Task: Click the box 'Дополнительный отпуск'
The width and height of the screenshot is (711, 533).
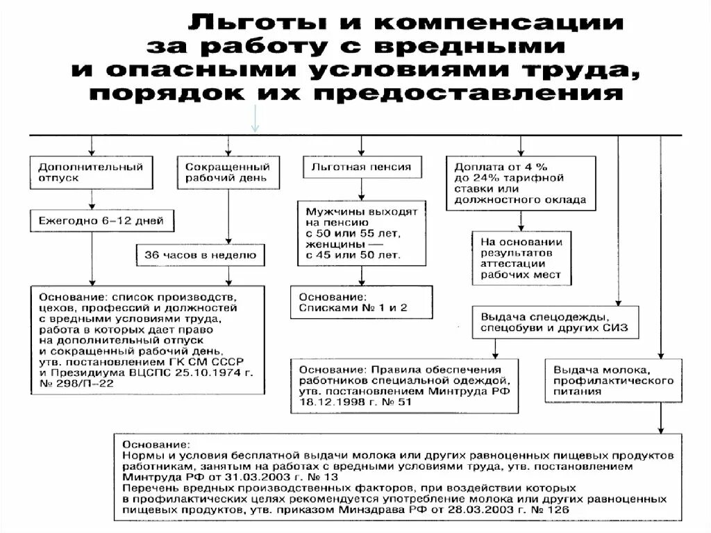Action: (x=91, y=172)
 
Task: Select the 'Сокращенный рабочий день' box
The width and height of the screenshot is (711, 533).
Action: (x=227, y=172)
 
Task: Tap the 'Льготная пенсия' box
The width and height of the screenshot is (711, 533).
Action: (x=361, y=167)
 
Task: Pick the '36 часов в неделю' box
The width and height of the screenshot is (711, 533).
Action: (x=199, y=255)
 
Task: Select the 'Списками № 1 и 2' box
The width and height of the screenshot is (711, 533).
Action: (x=361, y=302)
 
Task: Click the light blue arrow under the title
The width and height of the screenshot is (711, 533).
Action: (x=255, y=118)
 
